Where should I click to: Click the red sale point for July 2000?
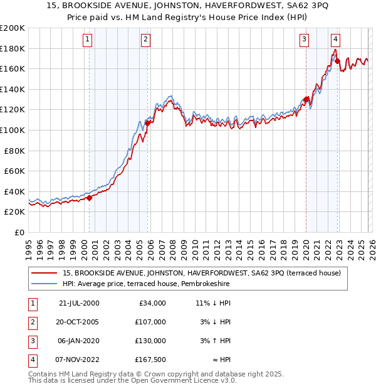pyautogui.click(x=89, y=198)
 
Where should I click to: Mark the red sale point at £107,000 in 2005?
pyautogui.click(x=147, y=123)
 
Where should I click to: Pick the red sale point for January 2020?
pyautogui.click(x=306, y=99)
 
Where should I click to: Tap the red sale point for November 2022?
pyautogui.click(x=337, y=61)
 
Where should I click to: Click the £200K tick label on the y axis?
pyautogui.click(x=13, y=28)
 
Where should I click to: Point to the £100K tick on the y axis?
pyautogui.click(x=13, y=130)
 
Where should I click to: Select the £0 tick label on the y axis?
pyautogui.click(x=20, y=232)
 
